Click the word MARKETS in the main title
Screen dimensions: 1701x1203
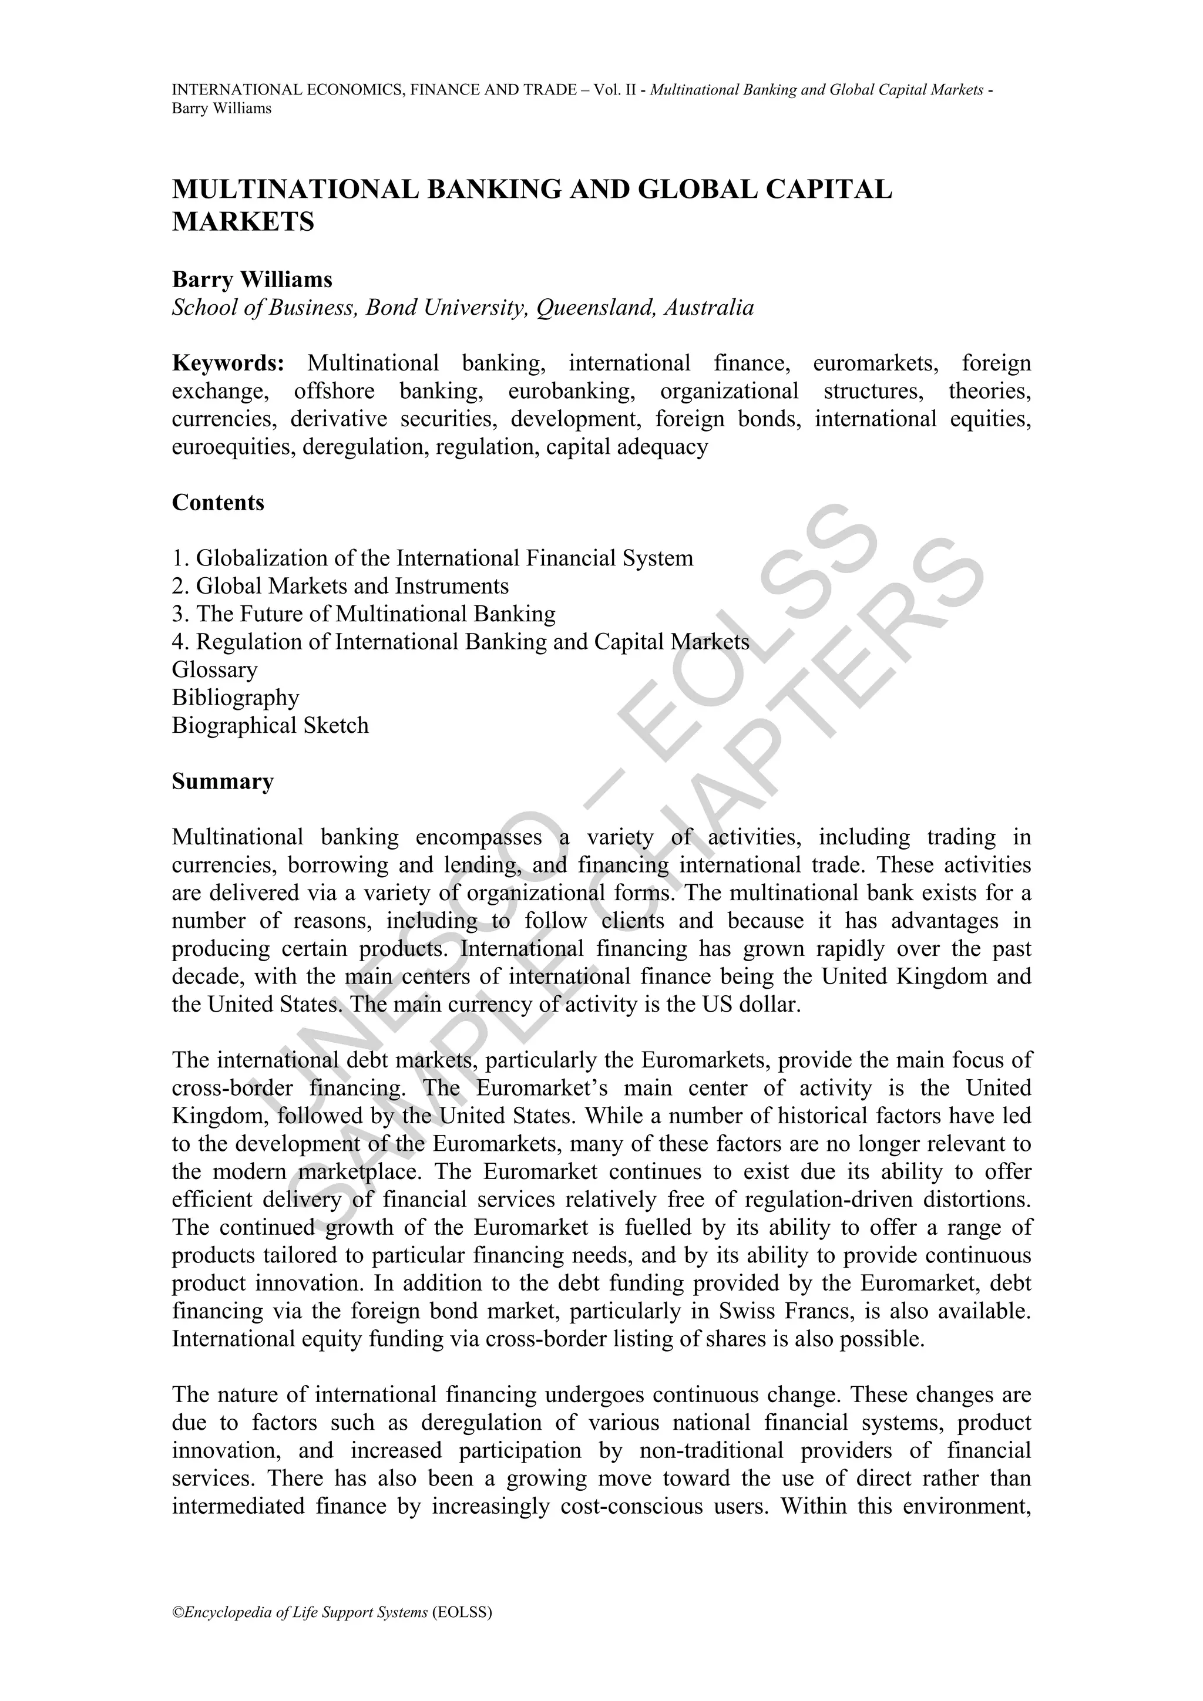(243, 221)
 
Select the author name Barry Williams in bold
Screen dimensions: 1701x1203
(252, 279)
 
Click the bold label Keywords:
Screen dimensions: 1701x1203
(228, 363)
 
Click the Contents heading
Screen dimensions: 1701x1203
(218, 502)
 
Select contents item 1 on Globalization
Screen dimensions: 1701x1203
(432, 558)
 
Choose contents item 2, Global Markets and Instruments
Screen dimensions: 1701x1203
(340, 586)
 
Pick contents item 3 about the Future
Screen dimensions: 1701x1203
(363, 614)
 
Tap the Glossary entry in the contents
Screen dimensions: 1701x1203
(215, 670)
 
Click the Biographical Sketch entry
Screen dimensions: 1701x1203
(270, 725)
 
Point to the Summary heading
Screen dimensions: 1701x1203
(223, 782)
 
